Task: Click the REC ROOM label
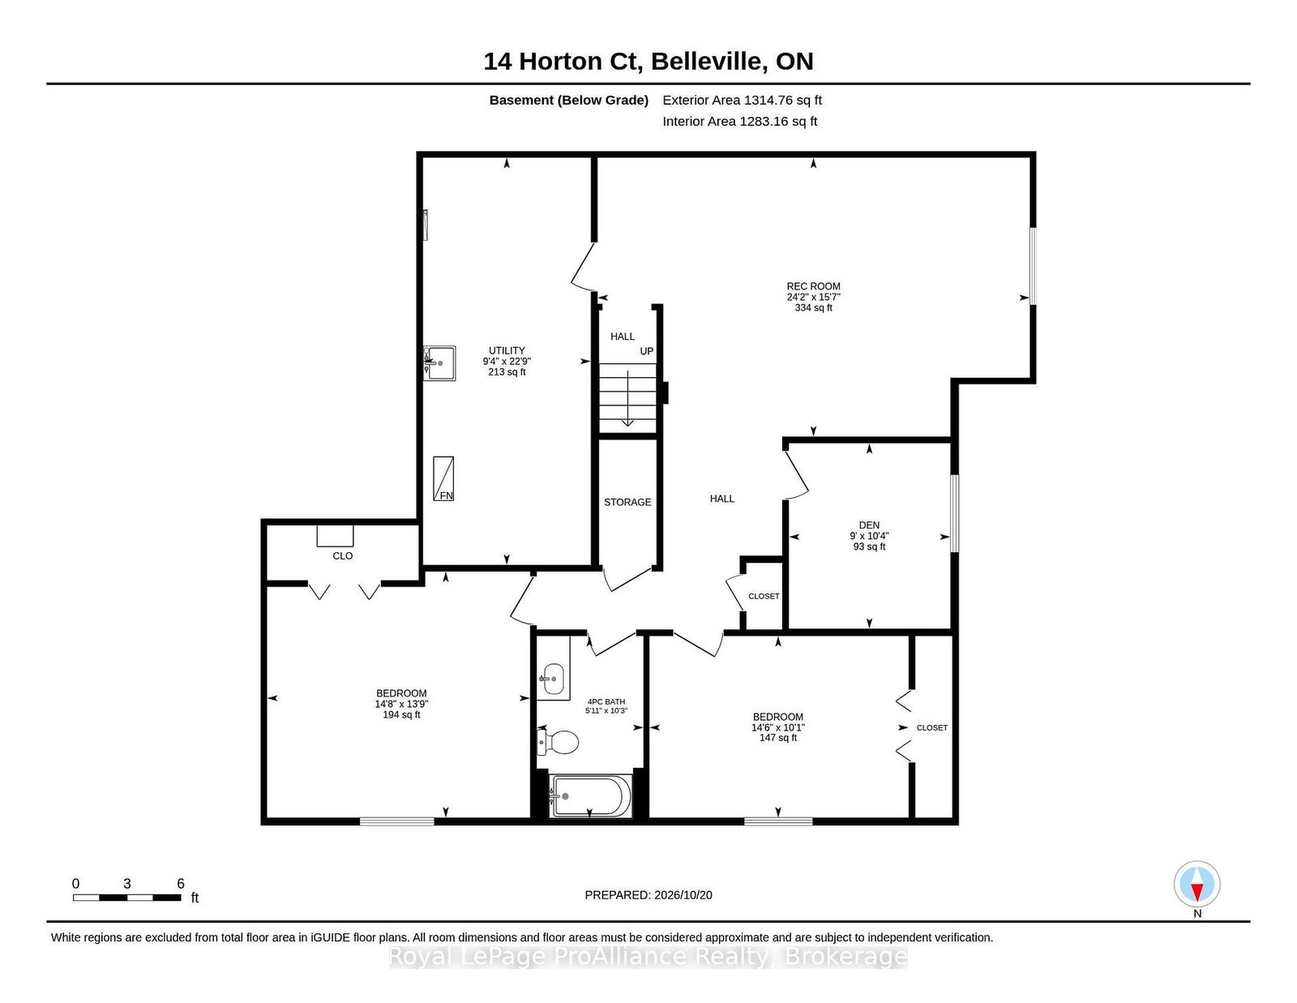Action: (x=813, y=286)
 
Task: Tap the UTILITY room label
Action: (x=507, y=350)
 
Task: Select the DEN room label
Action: (x=869, y=525)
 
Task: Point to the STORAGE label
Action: (x=627, y=502)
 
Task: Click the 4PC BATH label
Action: (x=606, y=701)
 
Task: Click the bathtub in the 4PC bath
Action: (x=589, y=796)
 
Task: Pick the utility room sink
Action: (x=439, y=363)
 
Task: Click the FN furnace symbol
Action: (x=443, y=479)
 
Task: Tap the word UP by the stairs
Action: (x=647, y=351)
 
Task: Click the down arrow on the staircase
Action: (x=628, y=398)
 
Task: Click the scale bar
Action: (x=127, y=898)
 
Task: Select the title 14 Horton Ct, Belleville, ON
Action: (x=648, y=61)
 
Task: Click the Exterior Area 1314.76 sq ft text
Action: (x=742, y=101)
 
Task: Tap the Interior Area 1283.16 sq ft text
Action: (x=739, y=121)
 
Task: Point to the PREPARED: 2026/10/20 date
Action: (x=648, y=895)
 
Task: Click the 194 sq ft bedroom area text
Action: (x=401, y=714)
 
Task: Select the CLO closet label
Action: (x=343, y=556)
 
